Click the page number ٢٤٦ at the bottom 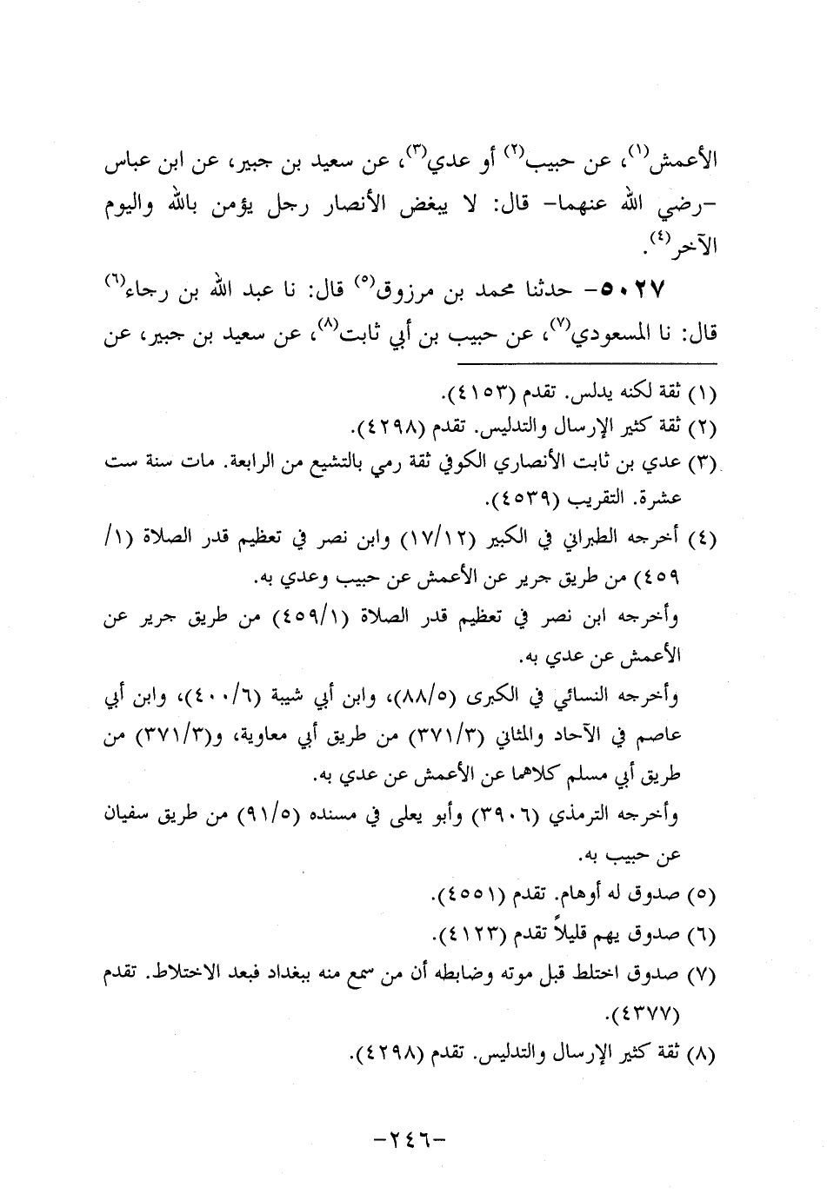(x=414, y=1139)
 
